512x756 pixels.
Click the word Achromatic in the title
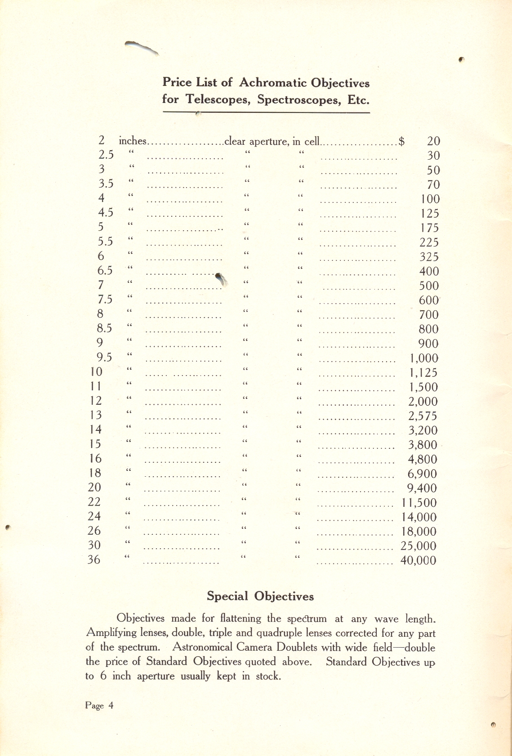pyautogui.click(x=272, y=83)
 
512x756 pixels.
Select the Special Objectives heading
pyautogui.click(x=260, y=596)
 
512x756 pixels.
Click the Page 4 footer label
pyautogui.click(x=99, y=706)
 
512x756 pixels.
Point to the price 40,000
pyautogui.click(x=419, y=560)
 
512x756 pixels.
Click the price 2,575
pyautogui.click(x=423, y=416)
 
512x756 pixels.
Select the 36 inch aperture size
pyautogui.click(x=94, y=560)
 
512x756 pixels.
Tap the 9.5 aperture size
pyautogui.click(x=104, y=358)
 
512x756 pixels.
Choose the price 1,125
pyautogui.click(x=423, y=372)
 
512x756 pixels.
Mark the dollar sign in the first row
pyautogui.click(x=401, y=141)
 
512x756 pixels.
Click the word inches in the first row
pyautogui.click(x=133, y=141)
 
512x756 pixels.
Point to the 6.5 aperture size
pyautogui.click(x=105, y=271)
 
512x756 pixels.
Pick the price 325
pyautogui.click(x=429, y=257)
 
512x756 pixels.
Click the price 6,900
pyautogui.click(x=422, y=474)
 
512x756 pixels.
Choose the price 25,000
pyautogui.click(x=419, y=546)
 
